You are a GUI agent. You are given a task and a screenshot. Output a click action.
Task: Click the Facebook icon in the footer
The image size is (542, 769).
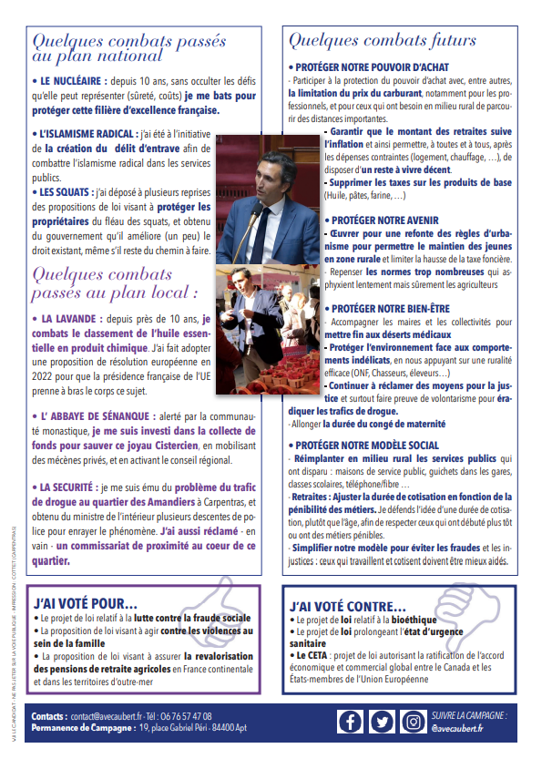click(x=350, y=721)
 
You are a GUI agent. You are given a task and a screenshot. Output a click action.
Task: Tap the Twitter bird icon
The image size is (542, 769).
click(x=381, y=721)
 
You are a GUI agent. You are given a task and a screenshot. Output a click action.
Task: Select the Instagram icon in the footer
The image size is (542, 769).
click(x=413, y=721)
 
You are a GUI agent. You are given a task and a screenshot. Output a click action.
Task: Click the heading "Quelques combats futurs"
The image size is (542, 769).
click(x=382, y=40)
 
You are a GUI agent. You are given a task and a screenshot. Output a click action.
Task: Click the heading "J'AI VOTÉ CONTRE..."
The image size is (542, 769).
click(x=347, y=606)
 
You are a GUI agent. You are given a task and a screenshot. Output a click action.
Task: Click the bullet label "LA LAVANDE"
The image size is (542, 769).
click(x=74, y=320)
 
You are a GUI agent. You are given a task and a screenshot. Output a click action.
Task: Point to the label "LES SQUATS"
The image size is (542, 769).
click(x=66, y=192)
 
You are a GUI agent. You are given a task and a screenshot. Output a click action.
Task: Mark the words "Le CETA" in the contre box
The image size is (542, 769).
click(x=308, y=654)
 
